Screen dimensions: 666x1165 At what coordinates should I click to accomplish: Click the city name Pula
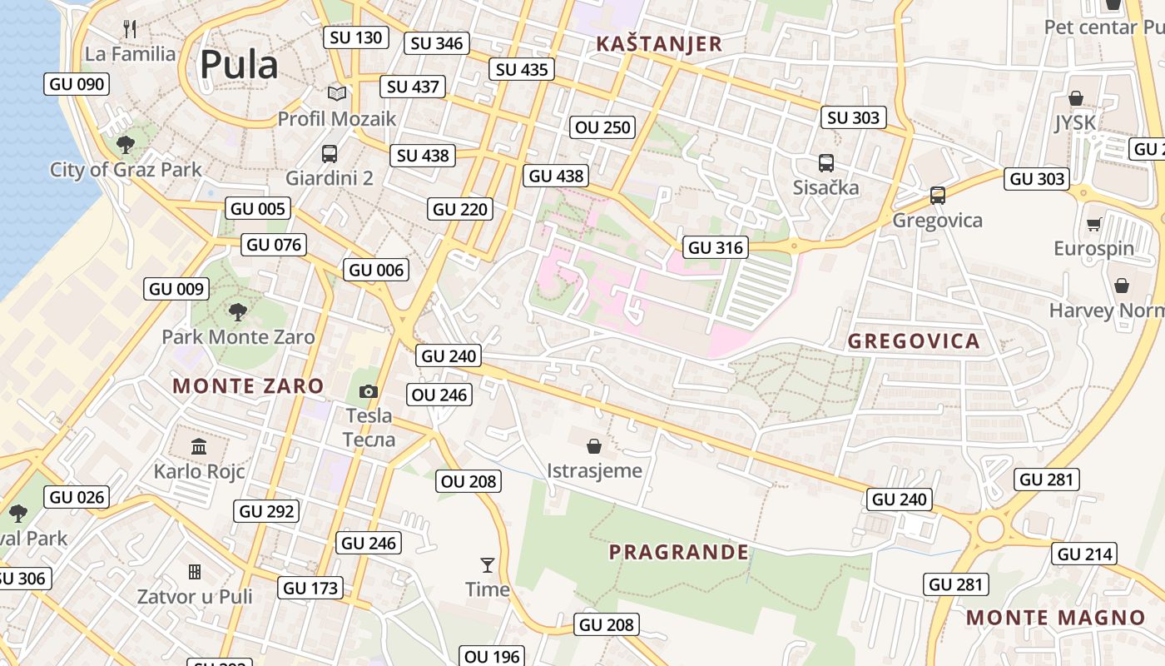[238, 65]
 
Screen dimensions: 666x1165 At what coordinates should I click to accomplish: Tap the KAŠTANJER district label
[659, 44]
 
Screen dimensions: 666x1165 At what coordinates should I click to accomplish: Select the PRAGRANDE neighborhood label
[678, 552]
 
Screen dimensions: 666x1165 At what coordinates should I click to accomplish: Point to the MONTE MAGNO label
[1055, 618]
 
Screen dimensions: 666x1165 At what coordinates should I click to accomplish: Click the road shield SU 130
[355, 37]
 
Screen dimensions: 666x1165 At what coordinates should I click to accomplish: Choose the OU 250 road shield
[603, 127]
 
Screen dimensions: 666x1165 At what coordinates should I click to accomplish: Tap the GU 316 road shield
[715, 247]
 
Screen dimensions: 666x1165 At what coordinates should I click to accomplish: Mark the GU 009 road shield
[176, 289]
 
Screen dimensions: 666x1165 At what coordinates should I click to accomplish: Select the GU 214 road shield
[1086, 554]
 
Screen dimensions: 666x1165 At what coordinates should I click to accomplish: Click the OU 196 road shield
[491, 656]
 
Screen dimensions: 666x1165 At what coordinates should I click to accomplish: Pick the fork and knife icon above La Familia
[129, 30]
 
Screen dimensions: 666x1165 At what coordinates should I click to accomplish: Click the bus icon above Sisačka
[825, 163]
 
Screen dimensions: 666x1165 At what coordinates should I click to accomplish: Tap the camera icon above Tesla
[368, 391]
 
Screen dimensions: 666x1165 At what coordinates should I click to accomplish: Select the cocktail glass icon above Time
[488, 565]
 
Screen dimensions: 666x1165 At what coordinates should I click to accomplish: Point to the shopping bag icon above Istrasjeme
[594, 446]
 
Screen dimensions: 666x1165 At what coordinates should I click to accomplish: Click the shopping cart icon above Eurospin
[1093, 224]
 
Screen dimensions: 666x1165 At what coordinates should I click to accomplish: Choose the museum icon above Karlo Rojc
[199, 447]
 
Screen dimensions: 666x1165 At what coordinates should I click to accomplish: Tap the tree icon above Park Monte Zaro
[238, 312]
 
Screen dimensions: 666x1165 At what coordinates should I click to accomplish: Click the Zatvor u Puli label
[195, 596]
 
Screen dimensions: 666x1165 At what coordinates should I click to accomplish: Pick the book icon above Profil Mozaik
[336, 94]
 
